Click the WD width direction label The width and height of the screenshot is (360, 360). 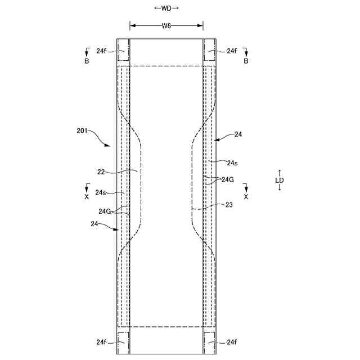click(x=166, y=8)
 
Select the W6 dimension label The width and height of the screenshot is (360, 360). click(x=166, y=25)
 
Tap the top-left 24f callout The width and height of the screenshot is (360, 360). click(x=101, y=51)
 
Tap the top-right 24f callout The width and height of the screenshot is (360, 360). click(x=232, y=51)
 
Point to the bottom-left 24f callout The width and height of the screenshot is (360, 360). click(x=101, y=341)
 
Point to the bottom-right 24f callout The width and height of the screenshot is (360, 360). click(x=232, y=341)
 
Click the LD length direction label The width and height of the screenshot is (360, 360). click(x=280, y=180)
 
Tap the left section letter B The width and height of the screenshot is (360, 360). click(x=87, y=61)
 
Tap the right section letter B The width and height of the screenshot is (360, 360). click(x=246, y=61)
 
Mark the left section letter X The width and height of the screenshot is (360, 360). click(x=87, y=197)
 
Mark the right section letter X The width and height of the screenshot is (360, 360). click(x=246, y=197)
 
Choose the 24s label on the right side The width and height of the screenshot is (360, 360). click(x=232, y=163)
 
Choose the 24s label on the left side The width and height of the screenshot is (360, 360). click(x=101, y=192)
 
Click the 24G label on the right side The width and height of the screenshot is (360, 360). click(x=228, y=179)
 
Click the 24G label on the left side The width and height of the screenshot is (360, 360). click(x=105, y=211)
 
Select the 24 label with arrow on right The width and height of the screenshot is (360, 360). click(x=238, y=134)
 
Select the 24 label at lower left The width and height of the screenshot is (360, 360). click(x=94, y=224)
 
